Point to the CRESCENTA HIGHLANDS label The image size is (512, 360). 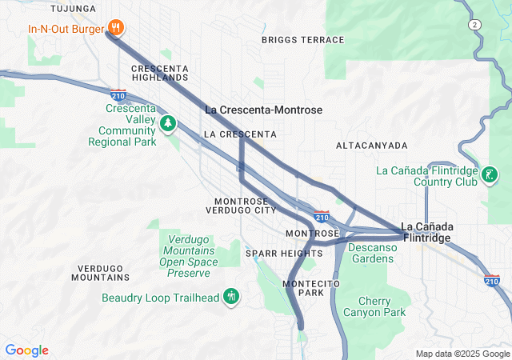click(160, 73)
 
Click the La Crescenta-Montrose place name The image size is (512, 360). click(264, 110)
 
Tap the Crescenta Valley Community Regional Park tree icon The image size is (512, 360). click(168, 123)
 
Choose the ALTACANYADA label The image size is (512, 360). click(371, 146)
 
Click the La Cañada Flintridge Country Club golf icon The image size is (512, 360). click(490, 174)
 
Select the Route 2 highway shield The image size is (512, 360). click(476, 26)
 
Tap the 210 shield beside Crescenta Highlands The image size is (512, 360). click(118, 95)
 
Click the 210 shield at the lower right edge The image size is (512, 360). click(492, 280)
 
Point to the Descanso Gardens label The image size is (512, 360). click(371, 253)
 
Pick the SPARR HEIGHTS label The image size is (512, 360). click(284, 254)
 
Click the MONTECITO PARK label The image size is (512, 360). click(311, 289)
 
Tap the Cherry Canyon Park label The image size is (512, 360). click(370, 306)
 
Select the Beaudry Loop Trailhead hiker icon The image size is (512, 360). click(231, 298)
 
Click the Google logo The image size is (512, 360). click(26, 350)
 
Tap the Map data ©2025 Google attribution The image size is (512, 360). click(462, 354)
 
